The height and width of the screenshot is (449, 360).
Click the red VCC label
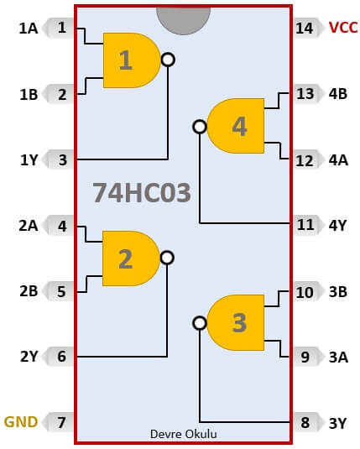click(343, 28)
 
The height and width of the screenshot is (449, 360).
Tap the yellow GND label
click(21, 422)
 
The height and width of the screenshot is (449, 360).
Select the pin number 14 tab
click(305, 28)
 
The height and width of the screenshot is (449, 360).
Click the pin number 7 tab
click(60, 422)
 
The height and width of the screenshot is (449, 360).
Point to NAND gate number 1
click(132, 60)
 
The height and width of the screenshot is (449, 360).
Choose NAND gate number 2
click(131, 258)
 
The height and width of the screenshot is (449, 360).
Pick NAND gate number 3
click(236, 323)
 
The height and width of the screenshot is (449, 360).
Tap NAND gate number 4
click(236, 126)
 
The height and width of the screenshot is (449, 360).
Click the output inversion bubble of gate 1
click(168, 60)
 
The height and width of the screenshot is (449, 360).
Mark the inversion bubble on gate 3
click(200, 323)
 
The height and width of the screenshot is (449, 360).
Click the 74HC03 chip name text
click(142, 193)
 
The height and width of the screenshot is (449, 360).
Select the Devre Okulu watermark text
click(183, 434)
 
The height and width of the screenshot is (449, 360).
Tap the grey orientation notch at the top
click(183, 20)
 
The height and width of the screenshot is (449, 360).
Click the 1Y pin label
click(29, 160)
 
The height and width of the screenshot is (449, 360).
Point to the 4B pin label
click(338, 94)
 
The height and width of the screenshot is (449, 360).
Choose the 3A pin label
click(338, 357)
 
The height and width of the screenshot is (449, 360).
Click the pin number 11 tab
click(305, 225)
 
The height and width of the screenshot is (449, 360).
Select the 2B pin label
click(29, 291)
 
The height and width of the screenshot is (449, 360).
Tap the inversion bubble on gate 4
click(200, 126)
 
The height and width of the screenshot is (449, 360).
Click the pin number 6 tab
click(60, 357)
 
